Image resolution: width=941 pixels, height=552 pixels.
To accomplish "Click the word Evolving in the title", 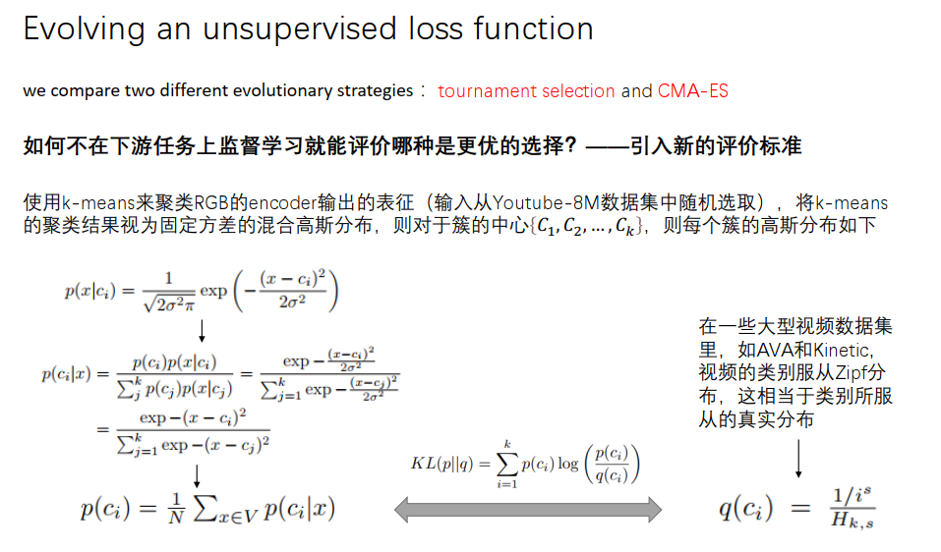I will (84, 29).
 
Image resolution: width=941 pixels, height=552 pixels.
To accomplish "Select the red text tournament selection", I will (526, 91).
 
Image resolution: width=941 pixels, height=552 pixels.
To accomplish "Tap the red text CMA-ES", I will (692, 91).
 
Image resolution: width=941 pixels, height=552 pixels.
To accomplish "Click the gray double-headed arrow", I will (527, 509).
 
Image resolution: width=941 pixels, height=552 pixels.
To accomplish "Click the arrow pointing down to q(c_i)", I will (796, 458).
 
